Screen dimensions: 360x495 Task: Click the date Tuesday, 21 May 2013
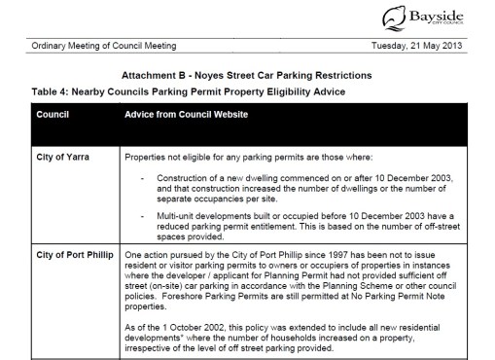tap(426, 46)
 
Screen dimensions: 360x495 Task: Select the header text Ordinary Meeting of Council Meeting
tap(93, 46)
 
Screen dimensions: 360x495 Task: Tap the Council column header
tap(54, 114)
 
